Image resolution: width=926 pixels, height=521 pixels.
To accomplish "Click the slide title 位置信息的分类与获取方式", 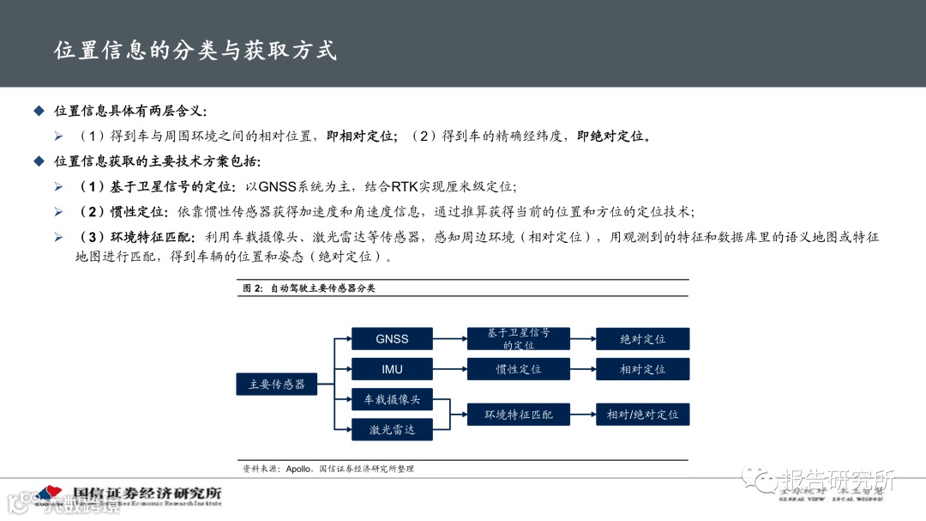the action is tap(195, 50).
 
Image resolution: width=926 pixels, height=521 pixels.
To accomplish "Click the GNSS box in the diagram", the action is tap(392, 339).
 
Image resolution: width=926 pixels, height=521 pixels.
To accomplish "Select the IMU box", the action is tap(392, 370).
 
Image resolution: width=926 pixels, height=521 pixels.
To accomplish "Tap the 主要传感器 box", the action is tap(276, 384).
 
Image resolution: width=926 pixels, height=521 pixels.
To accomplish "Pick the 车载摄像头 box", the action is tap(392, 400).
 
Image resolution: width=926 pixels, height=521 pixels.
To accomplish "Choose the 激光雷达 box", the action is tap(392, 429).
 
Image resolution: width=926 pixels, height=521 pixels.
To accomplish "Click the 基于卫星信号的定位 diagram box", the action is tap(519, 339).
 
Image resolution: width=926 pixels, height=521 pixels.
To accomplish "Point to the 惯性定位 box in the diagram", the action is tap(519, 370).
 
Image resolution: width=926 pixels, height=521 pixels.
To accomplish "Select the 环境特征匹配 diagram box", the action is tap(519, 415).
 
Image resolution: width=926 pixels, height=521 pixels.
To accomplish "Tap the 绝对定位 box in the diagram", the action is tap(642, 339).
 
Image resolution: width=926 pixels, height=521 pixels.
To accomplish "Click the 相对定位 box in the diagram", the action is tap(642, 370).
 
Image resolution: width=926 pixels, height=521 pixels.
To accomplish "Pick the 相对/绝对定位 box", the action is tap(642, 415).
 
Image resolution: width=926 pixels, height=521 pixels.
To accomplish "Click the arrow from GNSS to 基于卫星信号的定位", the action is tap(449, 339).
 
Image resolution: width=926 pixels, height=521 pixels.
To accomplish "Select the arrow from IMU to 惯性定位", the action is tap(449, 370).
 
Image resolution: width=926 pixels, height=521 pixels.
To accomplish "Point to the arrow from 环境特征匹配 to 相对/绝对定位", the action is tap(583, 415).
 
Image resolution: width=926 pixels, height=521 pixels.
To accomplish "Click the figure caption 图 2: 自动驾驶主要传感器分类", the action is tap(310, 288).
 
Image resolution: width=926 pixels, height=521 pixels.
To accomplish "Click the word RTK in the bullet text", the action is tap(406, 186).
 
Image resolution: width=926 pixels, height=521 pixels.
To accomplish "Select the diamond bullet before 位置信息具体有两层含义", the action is tap(38, 111).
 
